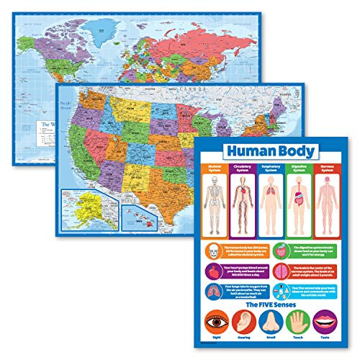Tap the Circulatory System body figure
(242, 203)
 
